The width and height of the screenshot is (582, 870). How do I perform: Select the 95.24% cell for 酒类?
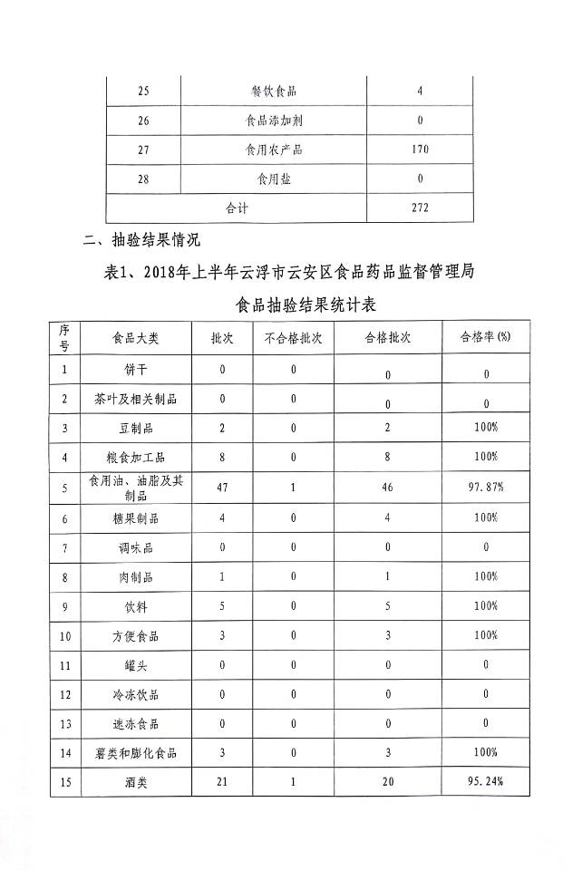pos(485,781)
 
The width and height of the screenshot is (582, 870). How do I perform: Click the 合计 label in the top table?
pos(237,208)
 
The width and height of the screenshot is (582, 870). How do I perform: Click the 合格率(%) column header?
pos(485,337)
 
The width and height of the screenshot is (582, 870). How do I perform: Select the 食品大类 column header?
pos(135,337)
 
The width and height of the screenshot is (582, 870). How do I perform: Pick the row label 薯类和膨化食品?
pos(135,752)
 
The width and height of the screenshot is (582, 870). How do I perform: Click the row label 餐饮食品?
pos(274,92)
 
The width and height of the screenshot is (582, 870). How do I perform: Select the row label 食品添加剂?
pos(274,121)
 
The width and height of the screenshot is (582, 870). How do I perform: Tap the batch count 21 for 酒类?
pos(222,781)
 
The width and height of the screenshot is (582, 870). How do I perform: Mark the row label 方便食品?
pos(135,636)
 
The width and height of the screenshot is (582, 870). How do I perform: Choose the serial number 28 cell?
pos(143,179)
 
